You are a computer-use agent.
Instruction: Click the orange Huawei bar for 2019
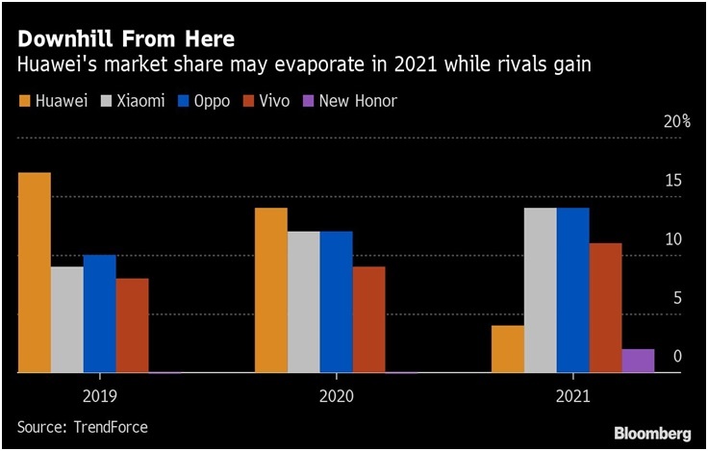pyautogui.click(x=35, y=272)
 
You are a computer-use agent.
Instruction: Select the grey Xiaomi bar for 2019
pyautogui.click(x=67, y=319)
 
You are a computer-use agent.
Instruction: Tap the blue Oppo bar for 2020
pyautogui.click(x=336, y=301)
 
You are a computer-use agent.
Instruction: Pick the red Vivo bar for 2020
pyautogui.click(x=368, y=319)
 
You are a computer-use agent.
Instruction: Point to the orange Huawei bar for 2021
pyautogui.click(x=507, y=348)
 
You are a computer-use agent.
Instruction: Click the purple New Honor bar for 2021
pyautogui.click(x=638, y=361)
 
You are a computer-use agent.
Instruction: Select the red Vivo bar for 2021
pyautogui.click(x=605, y=308)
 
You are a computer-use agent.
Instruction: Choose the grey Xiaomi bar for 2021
pyautogui.click(x=540, y=289)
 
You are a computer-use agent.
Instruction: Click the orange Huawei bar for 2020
pyautogui.click(x=270, y=289)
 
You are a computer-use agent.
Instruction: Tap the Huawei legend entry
pyautogui.click(x=60, y=100)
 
